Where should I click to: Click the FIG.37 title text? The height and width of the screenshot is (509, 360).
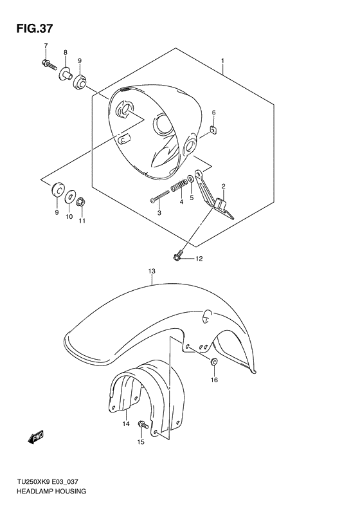[x=30, y=28]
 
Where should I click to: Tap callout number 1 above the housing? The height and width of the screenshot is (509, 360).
[x=222, y=63]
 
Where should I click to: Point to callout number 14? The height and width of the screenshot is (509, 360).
[x=126, y=423]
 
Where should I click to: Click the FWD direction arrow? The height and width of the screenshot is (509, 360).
[x=35, y=438]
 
